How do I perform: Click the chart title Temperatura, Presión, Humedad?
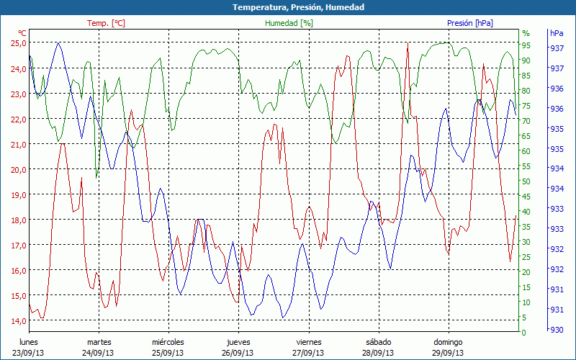pyautogui.click(x=288, y=7)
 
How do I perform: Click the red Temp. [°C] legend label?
pyautogui.click(x=106, y=23)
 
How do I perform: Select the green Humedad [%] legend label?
pyautogui.click(x=289, y=23)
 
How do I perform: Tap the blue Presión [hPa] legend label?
pyautogui.click(x=470, y=23)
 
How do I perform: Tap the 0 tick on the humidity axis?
pyautogui.click(x=524, y=333)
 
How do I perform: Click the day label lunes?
pyautogui.click(x=29, y=342)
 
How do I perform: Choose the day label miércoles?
pyautogui.click(x=168, y=342)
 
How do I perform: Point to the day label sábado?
pyautogui.click(x=378, y=342)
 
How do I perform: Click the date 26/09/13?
pyautogui.click(x=238, y=353)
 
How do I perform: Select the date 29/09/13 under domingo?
pyautogui.click(x=448, y=353)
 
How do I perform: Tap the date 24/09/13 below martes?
pyautogui.click(x=99, y=353)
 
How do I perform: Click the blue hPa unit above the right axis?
pyautogui.click(x=557, y=33)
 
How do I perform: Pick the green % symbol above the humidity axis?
pyautogui.click(x=526, y=33)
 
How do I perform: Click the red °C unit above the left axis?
pyautogui.click(x=22, y=33)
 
